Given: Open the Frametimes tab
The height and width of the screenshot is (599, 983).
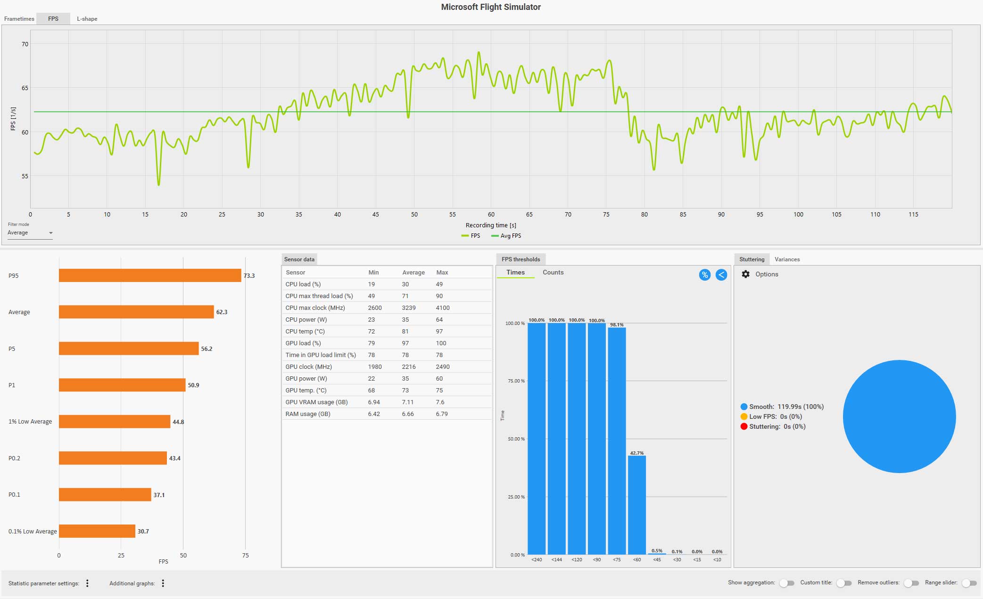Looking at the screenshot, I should pyautogui.click(x=19, y=19).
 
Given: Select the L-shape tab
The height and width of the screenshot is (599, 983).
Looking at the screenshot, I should pyautogui.click(x=87, y=19).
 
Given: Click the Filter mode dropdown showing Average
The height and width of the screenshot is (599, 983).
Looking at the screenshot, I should pyautogui.click(x=30, y=233).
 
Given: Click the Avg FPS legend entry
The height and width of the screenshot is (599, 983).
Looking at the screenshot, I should pyautogui.click(x=506, y=236).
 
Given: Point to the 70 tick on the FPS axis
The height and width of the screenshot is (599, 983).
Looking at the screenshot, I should pyautogui.click(x=25, y=44).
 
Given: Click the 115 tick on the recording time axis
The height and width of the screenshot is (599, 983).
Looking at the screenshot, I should pyautogui.click(x=913, y=214).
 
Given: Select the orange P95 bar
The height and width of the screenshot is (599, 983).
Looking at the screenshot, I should pyautogui.click(x=150, y=275).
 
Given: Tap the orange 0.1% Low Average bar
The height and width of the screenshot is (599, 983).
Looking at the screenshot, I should pyautogui.click(x=97, y=531).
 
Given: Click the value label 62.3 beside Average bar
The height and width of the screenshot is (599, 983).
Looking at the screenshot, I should pyautogui.click(x=222, y=312).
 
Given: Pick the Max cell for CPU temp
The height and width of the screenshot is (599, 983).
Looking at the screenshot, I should pyautogui.click(x=439, y=331).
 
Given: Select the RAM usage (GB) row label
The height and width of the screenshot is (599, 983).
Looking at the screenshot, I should pyautogui.click(x=308, y=414).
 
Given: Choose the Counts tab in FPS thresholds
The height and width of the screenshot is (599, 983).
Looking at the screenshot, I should pyautogui.click(x=553, y=272).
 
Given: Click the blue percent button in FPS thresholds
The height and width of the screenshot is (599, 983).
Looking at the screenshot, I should pyautogui.click(x=704, y=275).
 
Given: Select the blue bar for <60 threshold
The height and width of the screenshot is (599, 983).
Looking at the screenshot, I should pyautogui.click(x=637, y=505).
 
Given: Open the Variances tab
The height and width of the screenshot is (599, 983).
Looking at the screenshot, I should pyautogui.click(x=787, y=259).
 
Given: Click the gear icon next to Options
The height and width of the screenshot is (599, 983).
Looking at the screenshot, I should pyautogui.click(x=745, y=274).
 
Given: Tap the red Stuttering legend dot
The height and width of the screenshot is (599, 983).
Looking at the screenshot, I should pyautogui.click(x=744, y=426).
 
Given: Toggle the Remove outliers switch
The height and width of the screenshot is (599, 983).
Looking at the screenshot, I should pyautogui.click(x=911, y=583).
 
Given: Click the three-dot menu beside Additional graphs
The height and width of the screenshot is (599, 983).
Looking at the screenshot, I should pyautogui.click(x=163, y=583).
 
